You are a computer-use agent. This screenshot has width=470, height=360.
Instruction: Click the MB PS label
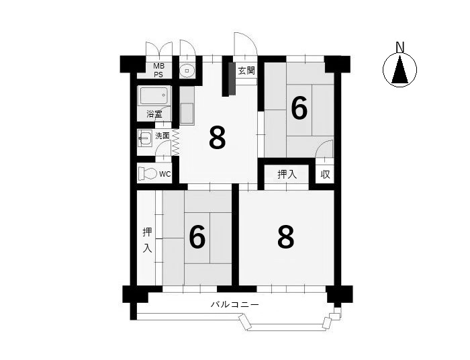click(159, 70)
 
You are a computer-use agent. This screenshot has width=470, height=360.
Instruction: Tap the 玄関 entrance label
click(246, 71)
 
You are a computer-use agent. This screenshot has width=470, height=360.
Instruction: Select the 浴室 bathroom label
click(154, 114)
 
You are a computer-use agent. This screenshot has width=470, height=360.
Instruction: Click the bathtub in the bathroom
click(154, 95)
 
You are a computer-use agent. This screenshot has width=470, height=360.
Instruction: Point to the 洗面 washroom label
click(162, 136)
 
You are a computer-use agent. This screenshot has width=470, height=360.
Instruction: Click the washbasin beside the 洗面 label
click(145, 138)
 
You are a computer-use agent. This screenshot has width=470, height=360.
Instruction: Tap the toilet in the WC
click(148, 173)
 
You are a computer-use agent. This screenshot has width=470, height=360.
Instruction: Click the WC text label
click(165, 174)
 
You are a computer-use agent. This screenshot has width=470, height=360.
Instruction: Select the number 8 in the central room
click(218, 138)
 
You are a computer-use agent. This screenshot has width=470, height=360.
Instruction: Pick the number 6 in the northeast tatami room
click(299, 109)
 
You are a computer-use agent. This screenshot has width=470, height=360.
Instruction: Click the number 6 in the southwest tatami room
click(197, 237)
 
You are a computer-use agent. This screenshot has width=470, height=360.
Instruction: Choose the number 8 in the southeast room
click(286, 237)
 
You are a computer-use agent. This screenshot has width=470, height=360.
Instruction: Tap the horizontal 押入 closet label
click(287, 174)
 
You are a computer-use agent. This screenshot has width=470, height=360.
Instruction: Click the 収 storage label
click(325, 174)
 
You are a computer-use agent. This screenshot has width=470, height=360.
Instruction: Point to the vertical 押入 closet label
click(147, 240)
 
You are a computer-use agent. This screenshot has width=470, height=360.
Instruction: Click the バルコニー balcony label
click(235, 305)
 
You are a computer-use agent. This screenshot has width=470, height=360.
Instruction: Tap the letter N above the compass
click(400, 48)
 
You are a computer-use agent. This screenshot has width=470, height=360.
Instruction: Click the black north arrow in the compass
click(400, 70)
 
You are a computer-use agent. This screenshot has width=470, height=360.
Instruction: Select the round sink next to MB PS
click(187, 71)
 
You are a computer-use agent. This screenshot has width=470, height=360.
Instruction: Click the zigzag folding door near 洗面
click(175, 142)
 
